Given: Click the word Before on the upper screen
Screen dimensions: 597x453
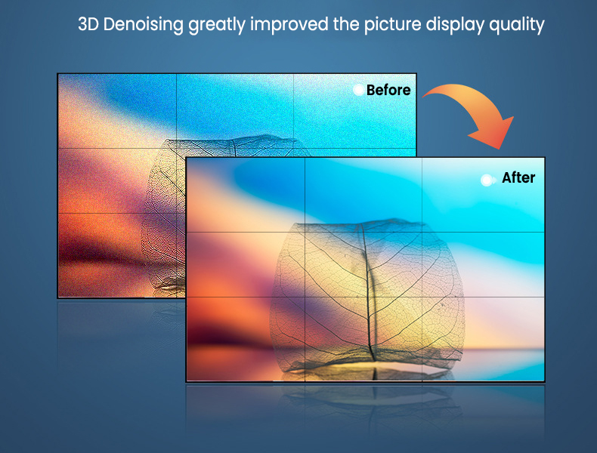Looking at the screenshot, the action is coord(388,90).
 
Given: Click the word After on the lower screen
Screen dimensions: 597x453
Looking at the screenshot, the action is coord(518,177).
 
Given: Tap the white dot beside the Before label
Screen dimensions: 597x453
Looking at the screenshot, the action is coord(358,90).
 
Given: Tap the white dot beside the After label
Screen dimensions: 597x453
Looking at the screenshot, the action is coord(487,180).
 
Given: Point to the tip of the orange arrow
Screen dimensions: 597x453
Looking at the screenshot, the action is coord(500,149).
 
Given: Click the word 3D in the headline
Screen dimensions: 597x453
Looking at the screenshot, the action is coord(88,24).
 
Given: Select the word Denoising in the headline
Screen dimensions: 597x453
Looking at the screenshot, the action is coord(144,24).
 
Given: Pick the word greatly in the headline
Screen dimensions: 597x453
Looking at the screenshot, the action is coord(217,25).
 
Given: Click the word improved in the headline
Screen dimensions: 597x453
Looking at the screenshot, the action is coord(289,25).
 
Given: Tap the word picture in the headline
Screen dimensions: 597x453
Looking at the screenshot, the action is coord(392,25).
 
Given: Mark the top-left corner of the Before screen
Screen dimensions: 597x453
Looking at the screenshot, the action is coord(57,74).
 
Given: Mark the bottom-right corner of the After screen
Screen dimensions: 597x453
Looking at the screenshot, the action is coord(545,381).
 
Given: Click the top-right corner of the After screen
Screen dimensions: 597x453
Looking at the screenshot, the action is coord(545,158).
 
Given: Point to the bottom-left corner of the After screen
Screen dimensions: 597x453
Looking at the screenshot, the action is coord(186,381).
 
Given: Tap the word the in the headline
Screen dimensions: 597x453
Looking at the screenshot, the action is coord(346,24).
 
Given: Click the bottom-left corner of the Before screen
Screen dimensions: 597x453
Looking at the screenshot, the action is coord(57,297).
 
